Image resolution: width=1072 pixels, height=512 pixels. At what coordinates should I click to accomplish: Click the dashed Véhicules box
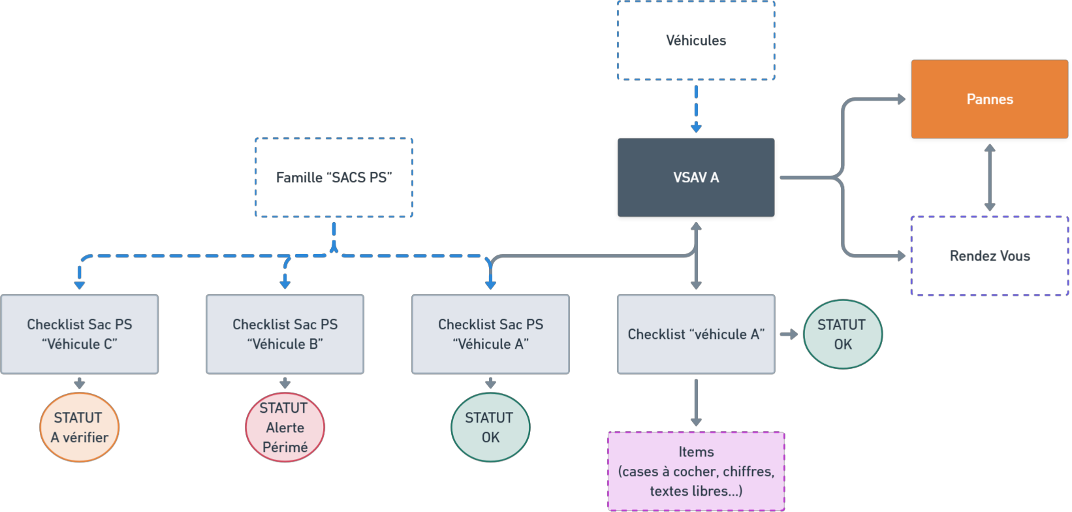click(696, 40)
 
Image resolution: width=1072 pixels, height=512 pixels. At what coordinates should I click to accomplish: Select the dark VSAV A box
click(696, 177)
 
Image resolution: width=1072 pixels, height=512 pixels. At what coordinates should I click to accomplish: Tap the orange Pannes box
click(989, 99)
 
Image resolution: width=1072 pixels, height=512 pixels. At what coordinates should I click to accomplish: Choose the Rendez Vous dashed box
click(989, 256)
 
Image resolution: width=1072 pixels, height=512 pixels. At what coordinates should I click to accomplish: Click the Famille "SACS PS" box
click(334, 178)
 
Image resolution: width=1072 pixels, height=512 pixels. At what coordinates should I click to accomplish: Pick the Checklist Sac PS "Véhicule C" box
click(80, 334)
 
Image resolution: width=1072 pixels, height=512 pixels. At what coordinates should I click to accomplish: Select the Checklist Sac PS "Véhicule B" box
click(285, 334)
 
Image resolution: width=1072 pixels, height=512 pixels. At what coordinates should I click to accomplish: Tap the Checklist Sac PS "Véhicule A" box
click(490, 334)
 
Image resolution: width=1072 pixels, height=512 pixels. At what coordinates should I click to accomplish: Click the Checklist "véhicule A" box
click(696, 334)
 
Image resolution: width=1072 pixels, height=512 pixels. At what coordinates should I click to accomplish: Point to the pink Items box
click(696, 471)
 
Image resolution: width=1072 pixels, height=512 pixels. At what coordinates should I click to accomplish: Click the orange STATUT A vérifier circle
click(80, 427)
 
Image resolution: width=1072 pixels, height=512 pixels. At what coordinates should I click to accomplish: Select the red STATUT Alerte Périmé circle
click(285, 427)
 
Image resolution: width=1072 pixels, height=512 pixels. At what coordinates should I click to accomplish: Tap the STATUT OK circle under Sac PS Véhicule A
click(490, 427)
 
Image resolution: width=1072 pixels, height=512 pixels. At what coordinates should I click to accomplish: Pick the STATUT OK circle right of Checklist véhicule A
click(842, 334)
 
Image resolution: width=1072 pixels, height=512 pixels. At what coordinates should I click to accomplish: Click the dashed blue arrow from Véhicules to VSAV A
click(696, 108)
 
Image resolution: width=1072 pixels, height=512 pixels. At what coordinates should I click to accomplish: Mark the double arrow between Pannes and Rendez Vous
click(990, 177)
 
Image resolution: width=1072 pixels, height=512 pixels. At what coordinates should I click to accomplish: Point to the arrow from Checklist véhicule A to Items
click(696, 402)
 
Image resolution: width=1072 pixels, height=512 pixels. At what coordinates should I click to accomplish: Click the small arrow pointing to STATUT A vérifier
click(80, 383)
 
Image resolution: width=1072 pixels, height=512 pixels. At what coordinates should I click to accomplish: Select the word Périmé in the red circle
click(285, 447)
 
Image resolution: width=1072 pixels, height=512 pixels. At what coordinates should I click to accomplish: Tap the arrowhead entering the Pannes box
click(902, 99)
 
